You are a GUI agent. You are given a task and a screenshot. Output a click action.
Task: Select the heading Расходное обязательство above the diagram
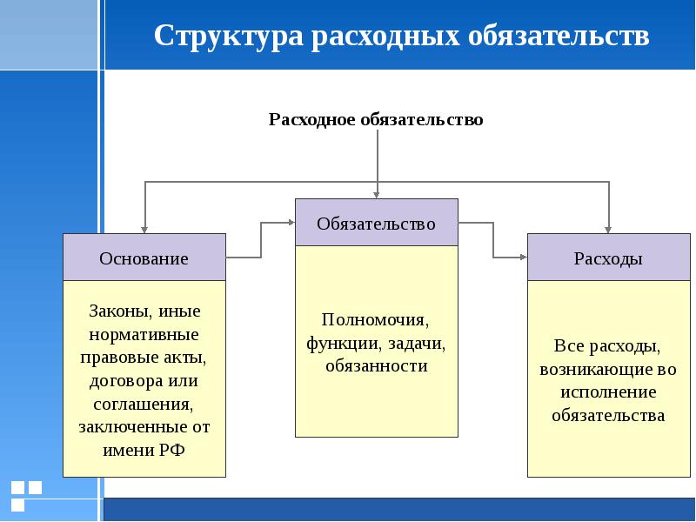[375, 118]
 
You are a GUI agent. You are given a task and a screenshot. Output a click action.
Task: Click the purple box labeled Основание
[144, 258]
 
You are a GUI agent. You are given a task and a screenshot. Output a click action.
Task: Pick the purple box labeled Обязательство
[376, 223]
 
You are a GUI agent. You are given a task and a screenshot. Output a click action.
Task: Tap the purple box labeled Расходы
[608, 258]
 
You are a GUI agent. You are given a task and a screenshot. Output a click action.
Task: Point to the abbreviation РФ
[171, 451]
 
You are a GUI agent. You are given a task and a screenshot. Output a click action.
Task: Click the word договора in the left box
[117, 381]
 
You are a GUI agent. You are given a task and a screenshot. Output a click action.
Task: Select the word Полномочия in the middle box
[375, 319]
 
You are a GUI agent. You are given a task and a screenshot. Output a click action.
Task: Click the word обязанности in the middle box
[376, 366]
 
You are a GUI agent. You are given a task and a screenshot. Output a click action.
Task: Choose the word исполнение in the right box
[608, 391]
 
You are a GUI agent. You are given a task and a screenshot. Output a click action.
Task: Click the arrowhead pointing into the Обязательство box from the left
[290, 223]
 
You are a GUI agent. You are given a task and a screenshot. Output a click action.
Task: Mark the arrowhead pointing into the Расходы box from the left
[523, 258]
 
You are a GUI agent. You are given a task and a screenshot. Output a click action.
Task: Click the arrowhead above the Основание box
[144, 228]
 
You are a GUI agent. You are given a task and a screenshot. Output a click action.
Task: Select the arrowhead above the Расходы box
[608, 228]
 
